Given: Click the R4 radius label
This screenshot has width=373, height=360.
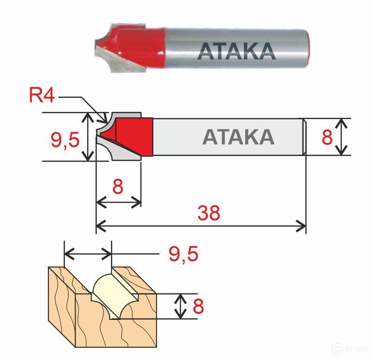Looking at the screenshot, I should (42, 95).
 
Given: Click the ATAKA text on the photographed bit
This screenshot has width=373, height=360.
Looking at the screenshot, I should (236, 51).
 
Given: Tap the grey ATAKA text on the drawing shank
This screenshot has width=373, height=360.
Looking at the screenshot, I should (238, 136).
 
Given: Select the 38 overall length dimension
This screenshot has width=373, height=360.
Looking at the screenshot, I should (208, 213).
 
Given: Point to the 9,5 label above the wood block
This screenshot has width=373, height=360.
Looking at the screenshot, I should (183, 254).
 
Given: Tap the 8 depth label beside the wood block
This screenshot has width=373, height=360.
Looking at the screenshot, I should (198, 306).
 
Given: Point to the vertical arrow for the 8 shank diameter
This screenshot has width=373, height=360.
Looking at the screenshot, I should (342, 136).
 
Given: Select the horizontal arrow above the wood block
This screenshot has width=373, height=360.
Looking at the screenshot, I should (88, 254).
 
